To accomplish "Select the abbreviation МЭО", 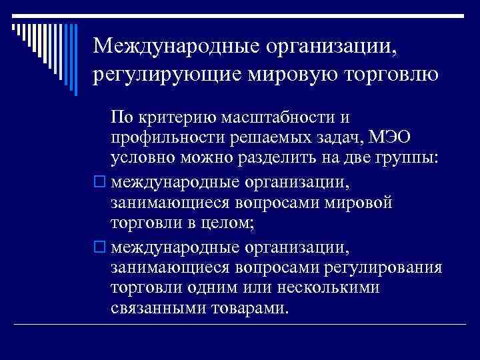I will [391, 139].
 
